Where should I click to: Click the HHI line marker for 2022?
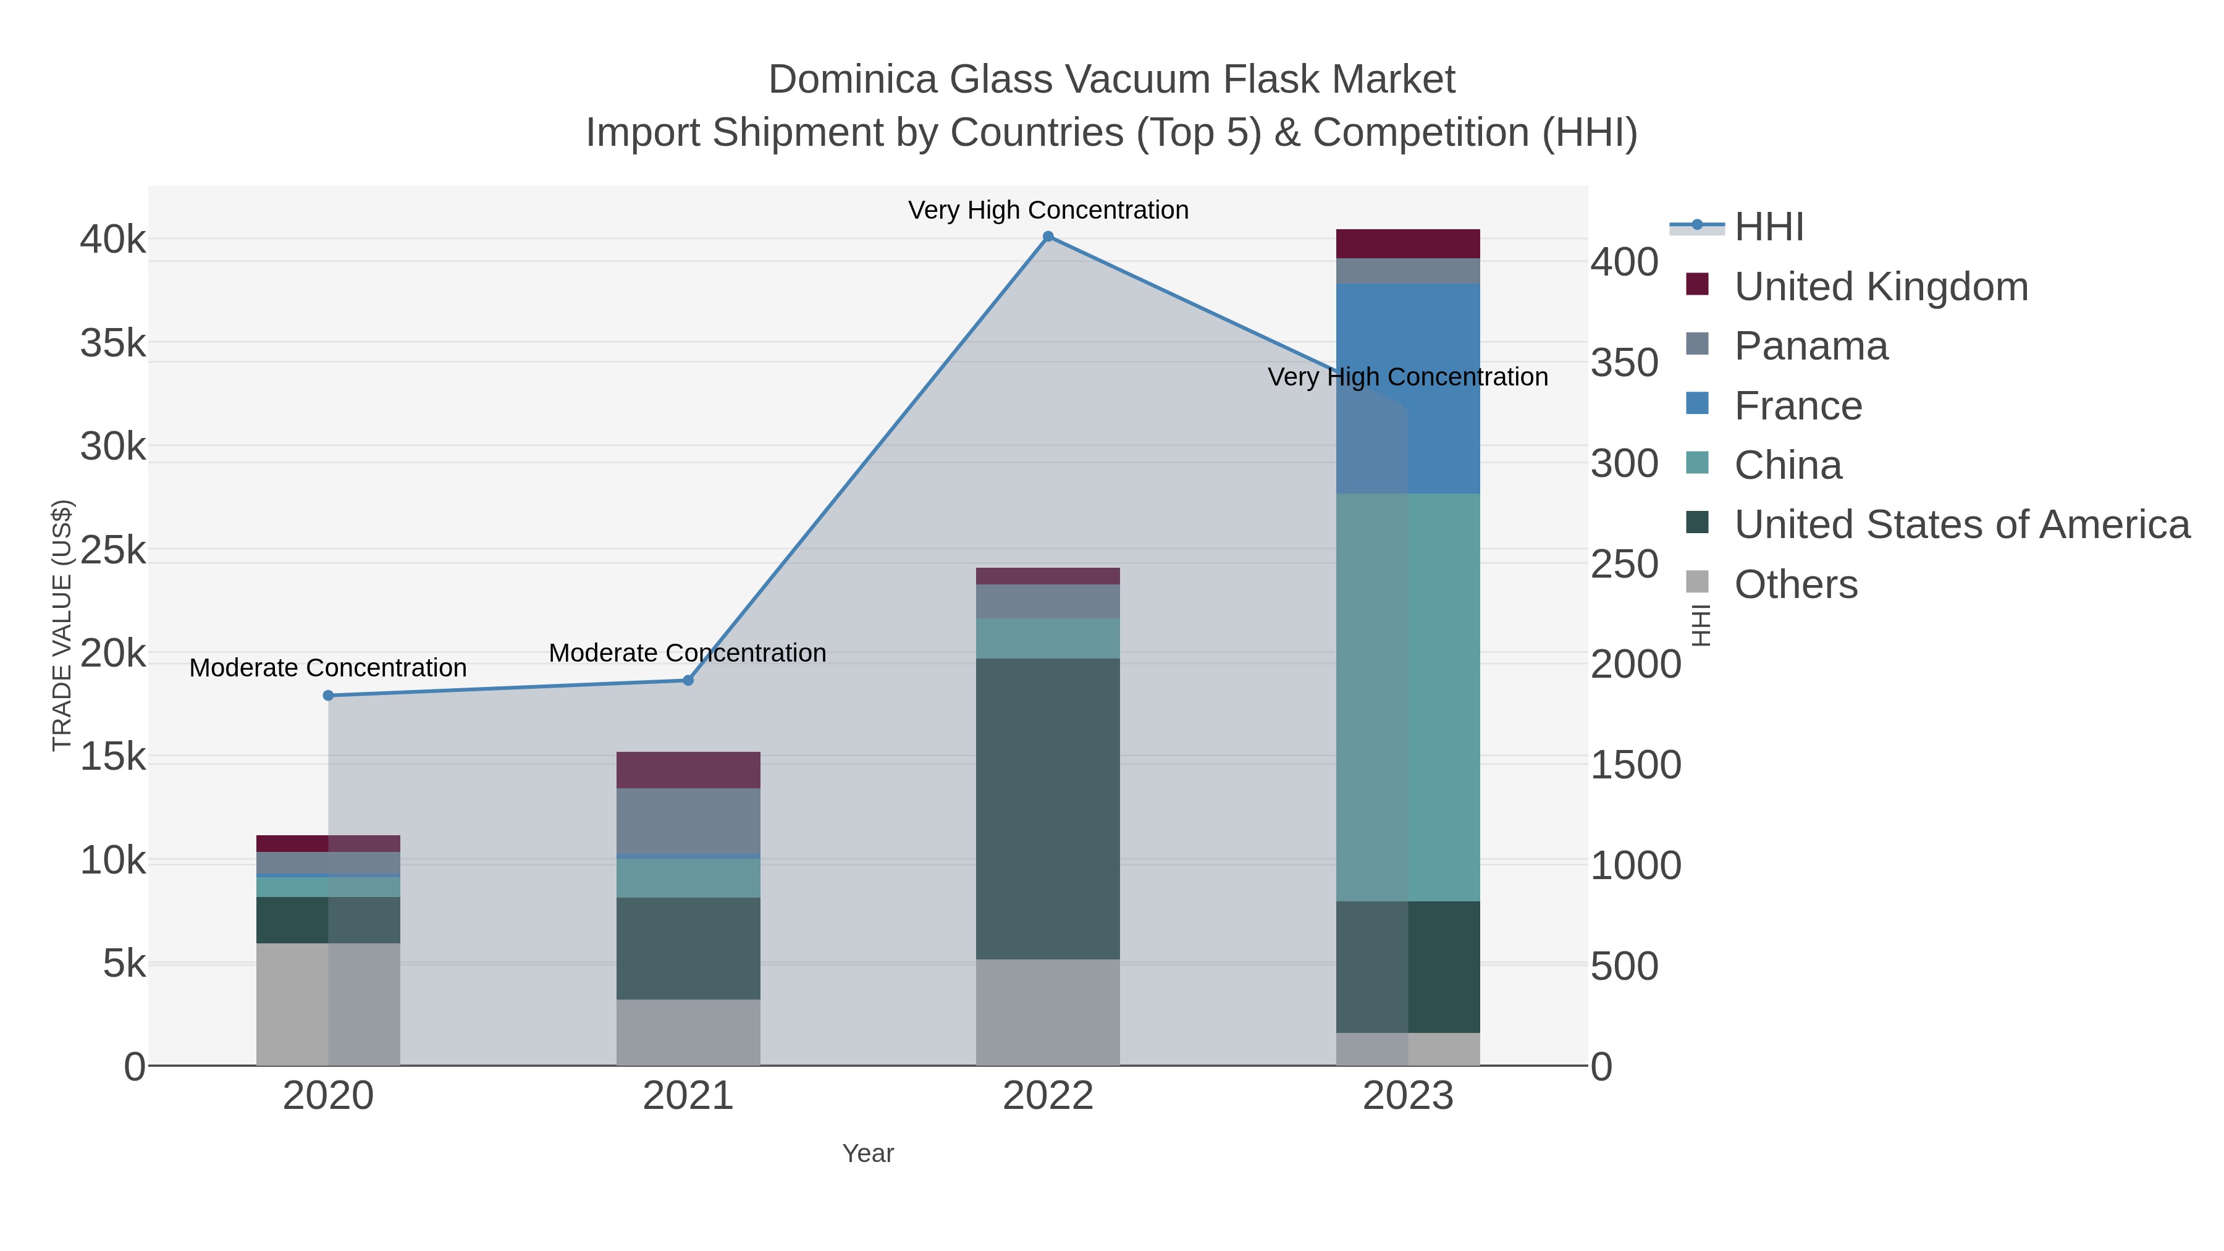[1048, 237]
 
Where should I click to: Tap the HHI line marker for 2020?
[328, 696]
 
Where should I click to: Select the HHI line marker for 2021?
[688, 680]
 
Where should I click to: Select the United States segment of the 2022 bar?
[1048, 808]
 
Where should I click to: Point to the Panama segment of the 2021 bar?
[688, 821]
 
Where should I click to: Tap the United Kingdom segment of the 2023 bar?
[1408, 243]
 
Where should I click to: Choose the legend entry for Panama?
[1811, 346]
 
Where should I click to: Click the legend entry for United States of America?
[1961, 525]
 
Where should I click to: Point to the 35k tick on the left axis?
[113, 343]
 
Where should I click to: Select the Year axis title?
[868, 1153]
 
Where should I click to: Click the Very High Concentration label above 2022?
[1048, 210]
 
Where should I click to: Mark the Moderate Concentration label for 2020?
[328, 668]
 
